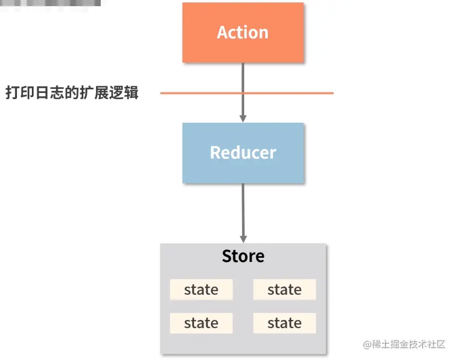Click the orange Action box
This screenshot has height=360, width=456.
[x=243, y=32]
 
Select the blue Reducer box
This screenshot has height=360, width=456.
[x=243, y=153]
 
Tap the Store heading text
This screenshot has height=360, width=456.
[x=243, y=256]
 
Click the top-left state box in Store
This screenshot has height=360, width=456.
[x=201, y=290]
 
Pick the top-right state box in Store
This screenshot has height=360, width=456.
[x=284, y=290]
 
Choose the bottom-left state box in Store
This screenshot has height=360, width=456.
[x=201, y=323]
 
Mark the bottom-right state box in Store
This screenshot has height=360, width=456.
[x=284, y=323]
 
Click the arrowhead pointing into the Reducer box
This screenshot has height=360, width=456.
[x=243, y=118]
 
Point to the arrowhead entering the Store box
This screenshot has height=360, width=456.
[x=243, y=239]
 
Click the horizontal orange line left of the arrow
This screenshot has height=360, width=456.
[x=200, y=93]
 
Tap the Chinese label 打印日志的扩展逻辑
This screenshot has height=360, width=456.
[x=72, y=93]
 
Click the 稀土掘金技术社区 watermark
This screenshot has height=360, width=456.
[x=409, y=345]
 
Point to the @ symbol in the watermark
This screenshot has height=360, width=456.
[x=368, y=345]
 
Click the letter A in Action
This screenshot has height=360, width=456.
[x=223, y=32]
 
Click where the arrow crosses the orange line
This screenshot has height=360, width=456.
[x=243, y=93]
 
